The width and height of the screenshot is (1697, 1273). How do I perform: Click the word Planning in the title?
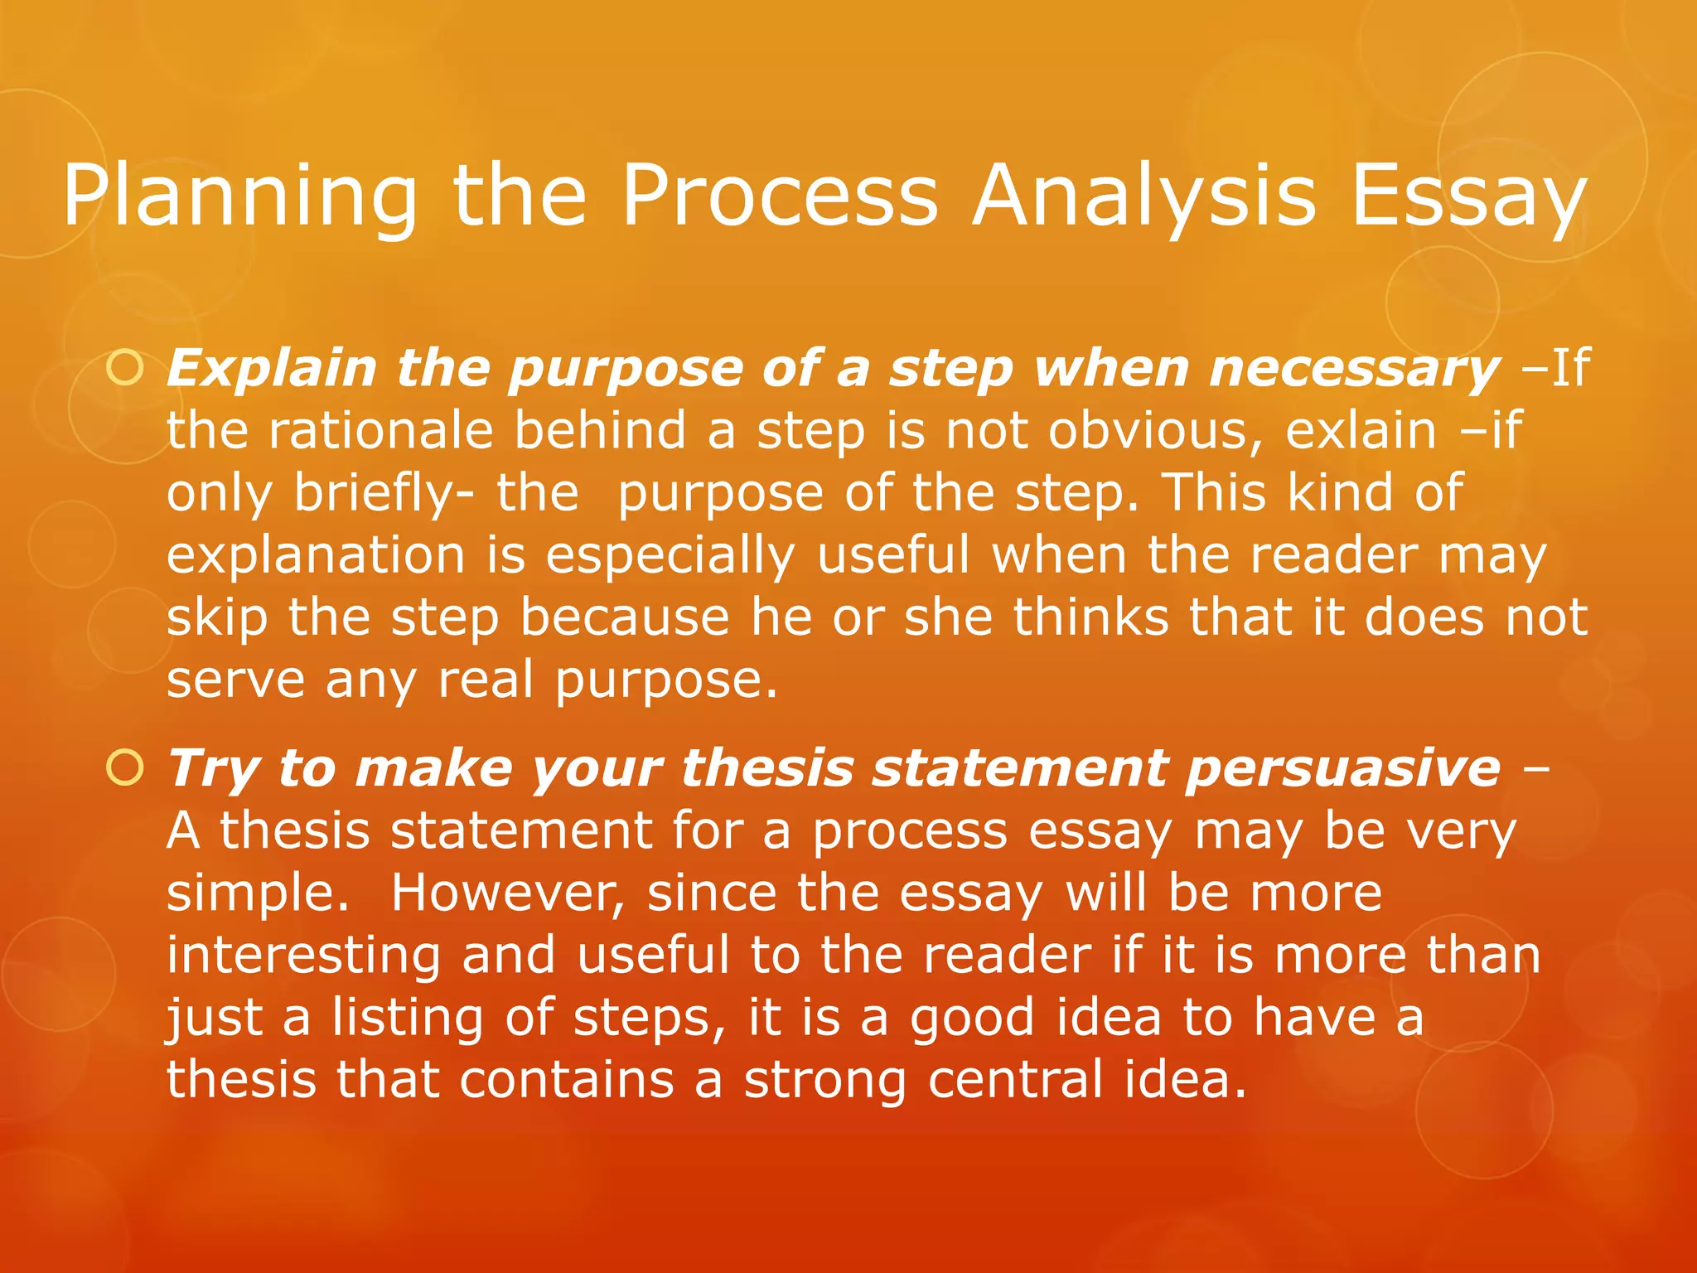pos(240,196)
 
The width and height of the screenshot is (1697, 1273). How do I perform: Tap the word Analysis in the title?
pos(1143,196)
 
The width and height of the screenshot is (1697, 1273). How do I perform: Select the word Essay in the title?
pos(1468,196)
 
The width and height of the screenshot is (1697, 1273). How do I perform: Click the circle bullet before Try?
pos(125,768)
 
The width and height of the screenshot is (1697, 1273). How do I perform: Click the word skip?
pos(217,618)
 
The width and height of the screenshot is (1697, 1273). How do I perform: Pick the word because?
pos(625,618)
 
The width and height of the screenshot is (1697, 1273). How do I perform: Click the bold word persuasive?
pos(1342,768)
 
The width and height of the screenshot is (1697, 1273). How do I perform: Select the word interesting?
pos(303,956)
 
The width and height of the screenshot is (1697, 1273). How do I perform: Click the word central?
pos(1016,1080)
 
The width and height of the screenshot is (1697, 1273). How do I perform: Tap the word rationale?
pos(381,431)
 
